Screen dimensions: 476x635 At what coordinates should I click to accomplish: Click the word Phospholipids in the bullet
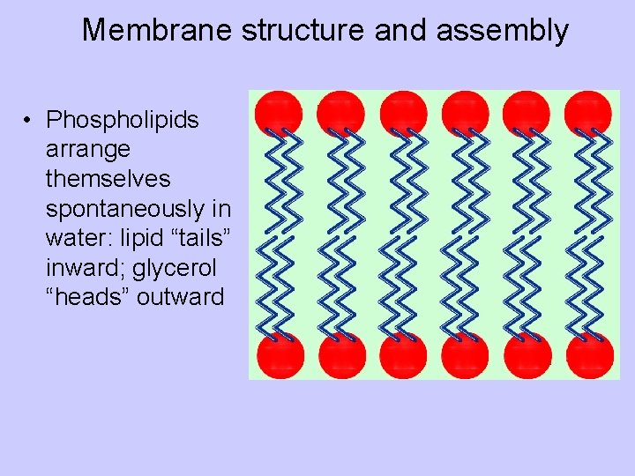[123, 119]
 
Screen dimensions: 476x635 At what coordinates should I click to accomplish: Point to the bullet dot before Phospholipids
[29, 120]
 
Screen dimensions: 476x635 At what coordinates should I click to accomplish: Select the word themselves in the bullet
[108, 178]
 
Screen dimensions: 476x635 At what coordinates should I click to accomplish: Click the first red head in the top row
[279, 112]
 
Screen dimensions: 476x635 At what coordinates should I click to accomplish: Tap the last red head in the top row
[587, 112]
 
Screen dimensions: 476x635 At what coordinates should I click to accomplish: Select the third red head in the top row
[403, 112]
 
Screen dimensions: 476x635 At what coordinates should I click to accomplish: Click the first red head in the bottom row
[280, 355]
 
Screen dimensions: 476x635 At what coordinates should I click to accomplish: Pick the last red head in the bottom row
[589, 355]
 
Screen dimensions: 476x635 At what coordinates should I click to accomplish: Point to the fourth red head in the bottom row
[465, 355]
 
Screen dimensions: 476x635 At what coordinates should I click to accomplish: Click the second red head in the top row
[340, 112]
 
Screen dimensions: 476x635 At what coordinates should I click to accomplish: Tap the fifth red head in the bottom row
[527, 355]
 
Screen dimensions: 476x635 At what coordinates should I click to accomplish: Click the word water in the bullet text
[73, 238]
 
